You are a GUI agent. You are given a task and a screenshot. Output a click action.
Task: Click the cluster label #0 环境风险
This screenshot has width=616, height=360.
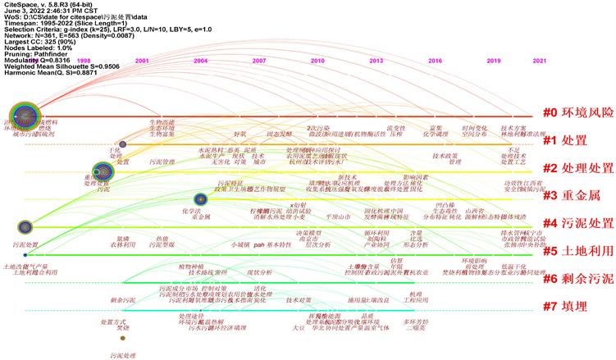click(x=577, y=113)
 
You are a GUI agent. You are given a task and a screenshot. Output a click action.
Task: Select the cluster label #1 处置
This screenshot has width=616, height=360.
click(x=564, y=140)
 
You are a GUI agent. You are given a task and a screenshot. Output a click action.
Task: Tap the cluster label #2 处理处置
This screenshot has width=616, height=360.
click(x=577, y=168)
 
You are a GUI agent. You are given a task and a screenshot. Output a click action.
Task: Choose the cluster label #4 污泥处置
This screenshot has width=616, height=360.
click(x=577, y=223)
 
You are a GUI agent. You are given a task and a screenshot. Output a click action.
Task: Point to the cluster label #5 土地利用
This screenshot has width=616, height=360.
click(x=577, y=251)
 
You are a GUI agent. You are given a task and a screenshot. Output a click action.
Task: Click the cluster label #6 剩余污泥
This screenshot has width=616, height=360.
click(x=577, y=279)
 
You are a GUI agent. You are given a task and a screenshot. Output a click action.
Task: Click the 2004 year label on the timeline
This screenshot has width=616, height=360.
click(x=200, y=61)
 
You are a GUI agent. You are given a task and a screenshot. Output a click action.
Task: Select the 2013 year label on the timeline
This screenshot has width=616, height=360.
click(x=376, y=61)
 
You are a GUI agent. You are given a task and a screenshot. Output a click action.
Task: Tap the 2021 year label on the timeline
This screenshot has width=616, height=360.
click(x=540, y=61)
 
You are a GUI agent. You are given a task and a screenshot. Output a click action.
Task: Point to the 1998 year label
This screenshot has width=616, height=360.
click(x=84, y=61)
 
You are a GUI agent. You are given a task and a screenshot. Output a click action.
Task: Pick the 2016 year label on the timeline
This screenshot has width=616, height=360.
click(x=435, y=61)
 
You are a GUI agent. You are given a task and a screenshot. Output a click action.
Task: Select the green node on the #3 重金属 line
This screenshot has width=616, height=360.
click(x=199, y=198)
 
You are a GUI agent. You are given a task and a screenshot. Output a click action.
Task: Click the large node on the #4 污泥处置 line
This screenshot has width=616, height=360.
click(x=25, y=226)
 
